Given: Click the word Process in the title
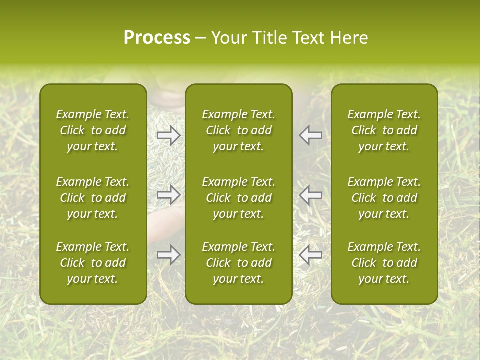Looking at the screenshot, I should pos(157,38).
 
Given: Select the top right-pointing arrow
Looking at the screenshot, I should pos(168,135).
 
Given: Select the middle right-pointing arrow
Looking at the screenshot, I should pos(168,194).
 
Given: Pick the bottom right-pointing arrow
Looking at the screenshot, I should pos(168,255).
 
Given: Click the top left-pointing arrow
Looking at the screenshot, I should pos(311,135).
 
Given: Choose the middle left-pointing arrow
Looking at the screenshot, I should pos(311,194).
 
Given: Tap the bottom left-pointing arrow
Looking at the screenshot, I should pos(311,255).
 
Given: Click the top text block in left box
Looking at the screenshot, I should pos(93,130).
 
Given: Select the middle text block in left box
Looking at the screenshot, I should pos(93,198).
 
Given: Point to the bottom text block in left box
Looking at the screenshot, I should pos(93,263).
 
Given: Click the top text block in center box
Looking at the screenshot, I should pos(238,130).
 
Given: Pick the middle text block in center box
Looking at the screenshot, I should pos(238,198).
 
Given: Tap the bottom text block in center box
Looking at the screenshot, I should pos(238,263).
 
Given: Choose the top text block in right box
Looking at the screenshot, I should pos(384,130).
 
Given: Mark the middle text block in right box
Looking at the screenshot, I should pos(384,198).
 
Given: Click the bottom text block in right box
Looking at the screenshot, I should pos(384,263).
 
